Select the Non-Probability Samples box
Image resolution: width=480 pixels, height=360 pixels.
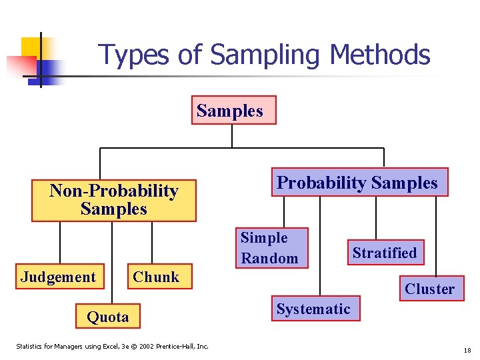click(114, 200)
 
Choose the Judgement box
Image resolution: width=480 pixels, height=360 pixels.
click(59, 277)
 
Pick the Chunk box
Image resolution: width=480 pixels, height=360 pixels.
click(157, 277)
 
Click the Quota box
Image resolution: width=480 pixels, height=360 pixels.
click(108, 317)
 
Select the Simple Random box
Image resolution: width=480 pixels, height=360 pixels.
click(271, 248)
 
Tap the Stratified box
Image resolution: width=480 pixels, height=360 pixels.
click(385, 253)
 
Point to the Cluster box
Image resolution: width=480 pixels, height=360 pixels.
click(429, 289)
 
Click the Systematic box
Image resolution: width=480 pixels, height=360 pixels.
click(313, 309)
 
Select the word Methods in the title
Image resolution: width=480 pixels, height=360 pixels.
click(377, 55)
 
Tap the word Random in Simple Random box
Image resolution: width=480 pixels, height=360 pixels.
click(270, 258)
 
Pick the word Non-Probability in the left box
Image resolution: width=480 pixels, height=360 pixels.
click(114, 191)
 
